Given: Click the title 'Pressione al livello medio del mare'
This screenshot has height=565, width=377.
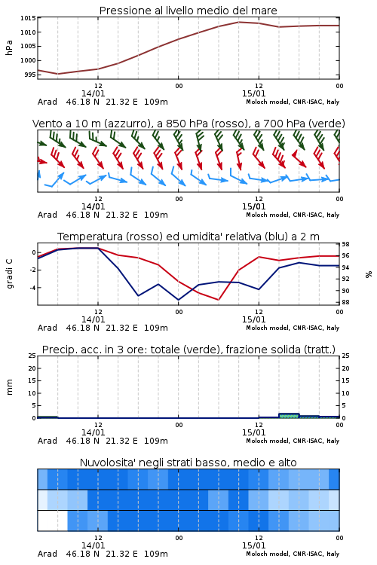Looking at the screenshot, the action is point(188,11).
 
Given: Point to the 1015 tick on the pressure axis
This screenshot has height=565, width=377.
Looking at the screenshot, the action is point(28,18).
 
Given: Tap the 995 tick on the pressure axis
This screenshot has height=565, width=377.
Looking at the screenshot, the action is point(30,75).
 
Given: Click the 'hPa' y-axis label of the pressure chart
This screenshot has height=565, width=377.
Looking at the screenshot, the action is point(9,47).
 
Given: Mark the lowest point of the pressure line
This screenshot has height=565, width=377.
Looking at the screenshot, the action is point(58,74).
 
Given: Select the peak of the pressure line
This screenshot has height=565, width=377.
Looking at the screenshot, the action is point(239,22).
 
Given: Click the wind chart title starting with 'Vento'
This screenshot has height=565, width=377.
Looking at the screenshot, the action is point(188,124).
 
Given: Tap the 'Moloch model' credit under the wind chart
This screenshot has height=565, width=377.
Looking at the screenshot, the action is point(293,215).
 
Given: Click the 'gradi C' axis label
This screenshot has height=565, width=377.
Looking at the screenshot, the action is point(9,273).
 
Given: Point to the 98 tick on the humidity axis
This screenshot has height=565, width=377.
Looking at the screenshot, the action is point(345,244).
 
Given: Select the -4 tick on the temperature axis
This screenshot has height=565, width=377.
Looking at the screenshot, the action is point(32,288).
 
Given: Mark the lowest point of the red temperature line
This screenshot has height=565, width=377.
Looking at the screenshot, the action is point(218,299).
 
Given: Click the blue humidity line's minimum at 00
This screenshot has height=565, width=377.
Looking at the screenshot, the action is point(178,300).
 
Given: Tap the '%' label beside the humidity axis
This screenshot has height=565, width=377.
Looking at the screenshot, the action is point(369,274).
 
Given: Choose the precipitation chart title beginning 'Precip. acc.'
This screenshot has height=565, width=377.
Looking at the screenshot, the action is point(188,350).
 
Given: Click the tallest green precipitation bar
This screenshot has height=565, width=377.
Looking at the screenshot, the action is point(289,416).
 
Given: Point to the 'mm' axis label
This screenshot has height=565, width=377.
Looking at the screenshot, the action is point(9,386).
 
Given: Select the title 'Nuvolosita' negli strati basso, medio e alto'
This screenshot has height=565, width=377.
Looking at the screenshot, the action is point(188,463).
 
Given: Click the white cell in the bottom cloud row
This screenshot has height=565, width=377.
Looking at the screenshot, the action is point(52,521).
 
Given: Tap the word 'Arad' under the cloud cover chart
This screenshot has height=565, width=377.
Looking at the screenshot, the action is point(48,554).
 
